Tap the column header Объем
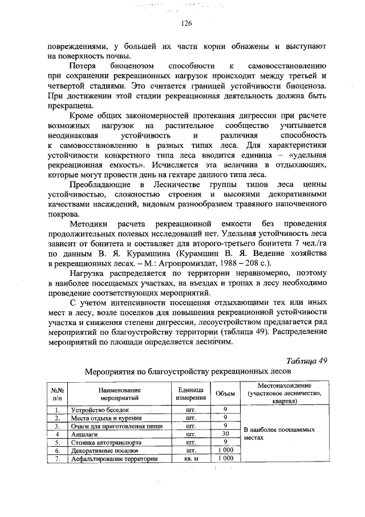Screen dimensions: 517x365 tap(226, 394)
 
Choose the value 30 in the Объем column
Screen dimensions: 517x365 tap(226, 434)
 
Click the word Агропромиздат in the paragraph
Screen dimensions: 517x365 tap(179, 263)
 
